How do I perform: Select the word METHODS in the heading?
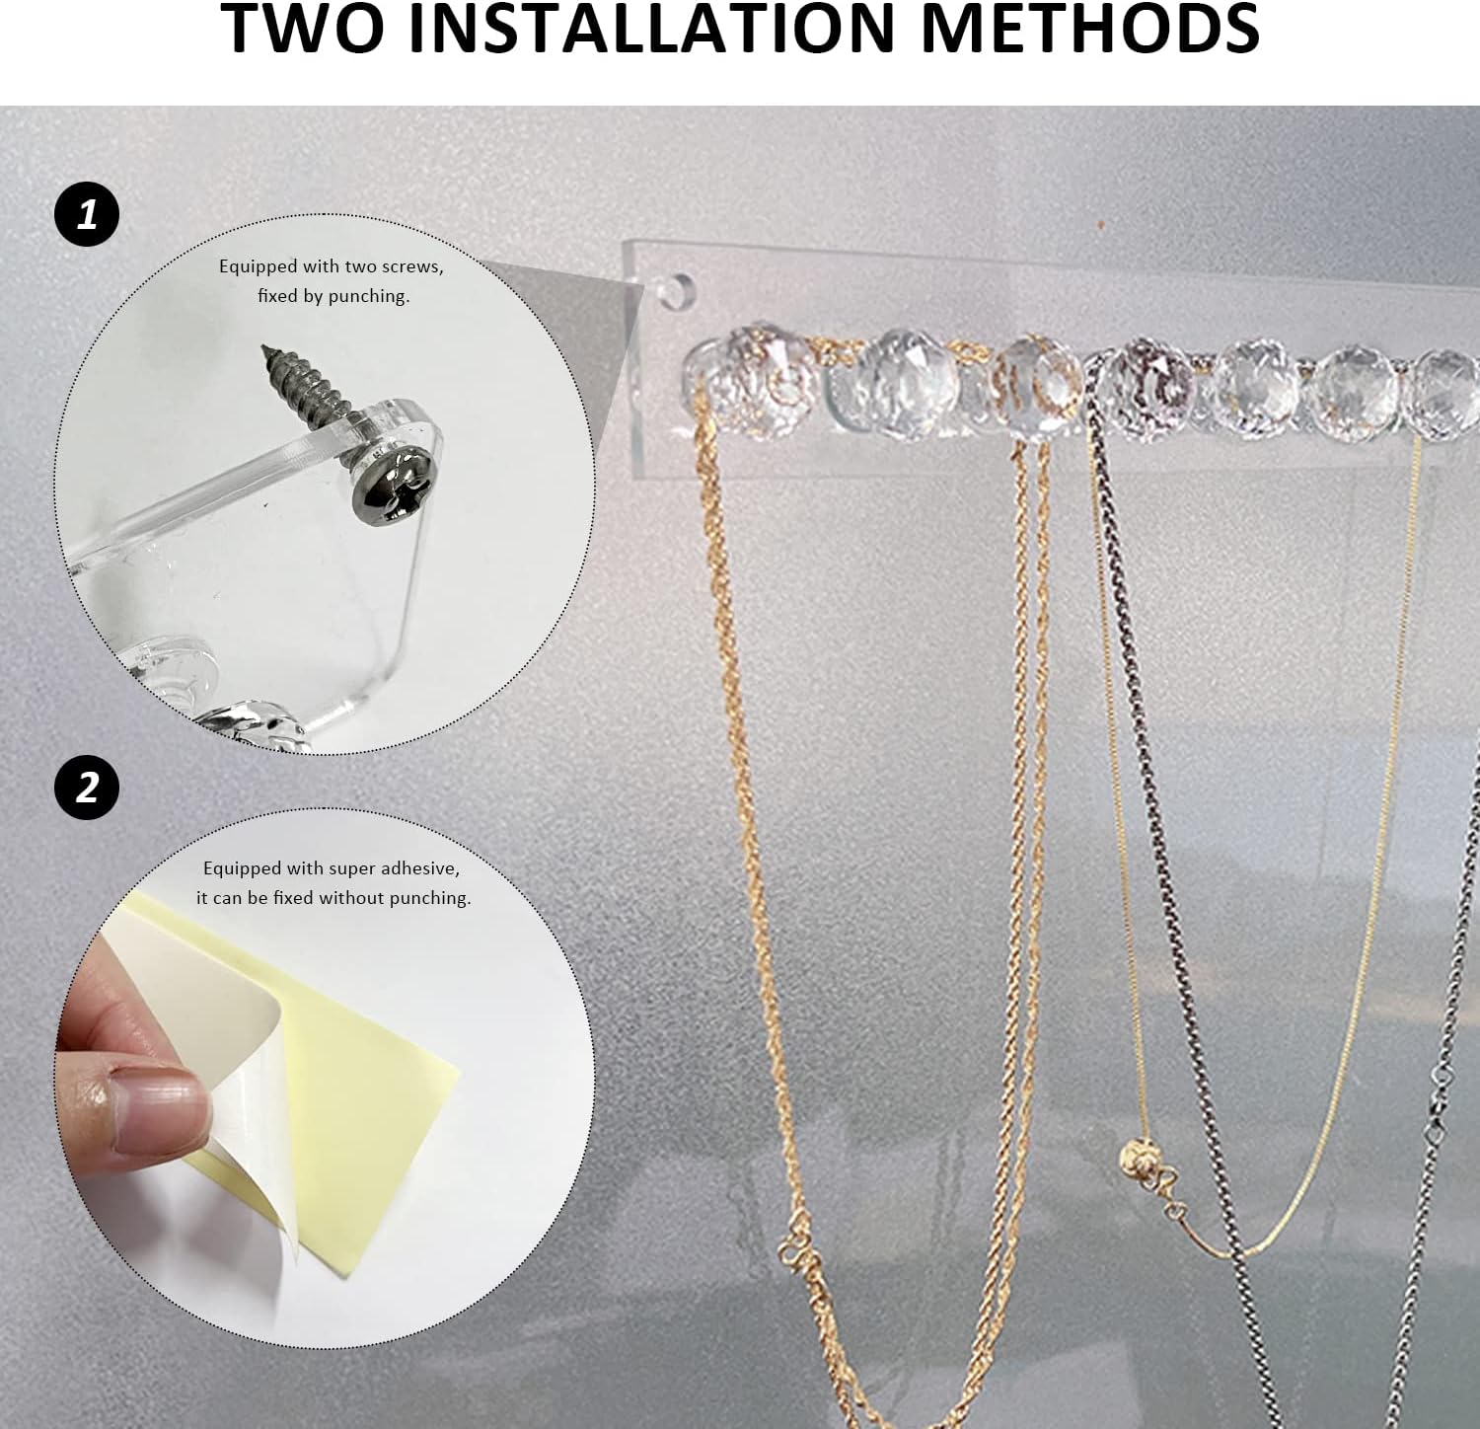click(x=1089, y=28)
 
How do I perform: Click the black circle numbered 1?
click(x=87, y=214)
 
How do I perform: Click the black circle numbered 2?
click(x=87, y=788)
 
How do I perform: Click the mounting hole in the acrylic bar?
click(x=676, y=288)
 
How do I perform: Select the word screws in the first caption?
click(x=411, y=266)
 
